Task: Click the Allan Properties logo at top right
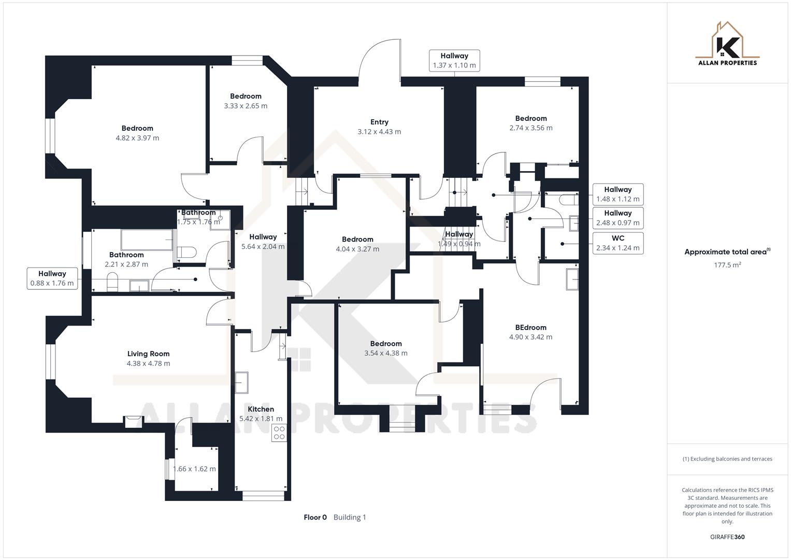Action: click(727, 44)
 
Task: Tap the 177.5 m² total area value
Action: click(727, 265)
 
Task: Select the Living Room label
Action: click(148, 354)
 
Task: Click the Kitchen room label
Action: click(261, 409)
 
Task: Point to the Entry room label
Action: click(379, 122)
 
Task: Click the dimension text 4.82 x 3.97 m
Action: click(137, 138)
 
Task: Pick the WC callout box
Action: click(617, 243)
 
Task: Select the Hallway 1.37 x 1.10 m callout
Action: click(454, 61)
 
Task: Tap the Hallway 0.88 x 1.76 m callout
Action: click(52, 278)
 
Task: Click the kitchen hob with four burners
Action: click(279, 433)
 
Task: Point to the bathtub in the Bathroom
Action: click(147, 240)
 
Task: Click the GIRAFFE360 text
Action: click(727, 537)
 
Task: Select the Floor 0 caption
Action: click(315, 517)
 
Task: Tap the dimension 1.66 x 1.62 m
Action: click(194, 469)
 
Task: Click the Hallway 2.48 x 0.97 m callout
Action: click(617, 218)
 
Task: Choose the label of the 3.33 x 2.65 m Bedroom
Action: click(246, 96)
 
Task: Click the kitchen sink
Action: click(241, 383)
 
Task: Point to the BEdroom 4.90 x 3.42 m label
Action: click(530, 327)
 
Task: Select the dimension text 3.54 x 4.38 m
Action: click(386, 353)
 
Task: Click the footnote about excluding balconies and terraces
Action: click(727, 459)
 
